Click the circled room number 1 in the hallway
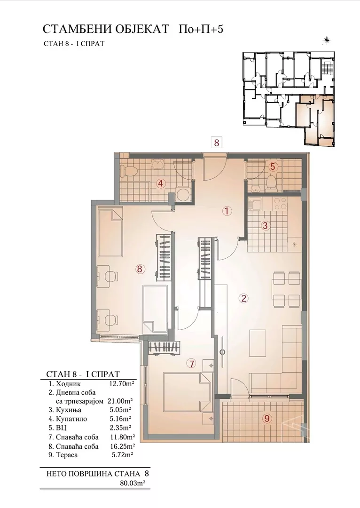[x=227, y=211]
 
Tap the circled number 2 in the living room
[x=243, y=298]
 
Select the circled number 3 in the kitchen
[x=265, y=225]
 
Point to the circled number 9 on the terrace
[x=267, y=418]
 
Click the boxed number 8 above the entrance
[x=217, y=143]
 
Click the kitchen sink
[x=255, y=205]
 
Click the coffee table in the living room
[x=258, y=342]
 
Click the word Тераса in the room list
[x=67, y=455]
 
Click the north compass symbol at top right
[x=327, y=40]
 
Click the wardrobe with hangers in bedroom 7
[x=164, y=347]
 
